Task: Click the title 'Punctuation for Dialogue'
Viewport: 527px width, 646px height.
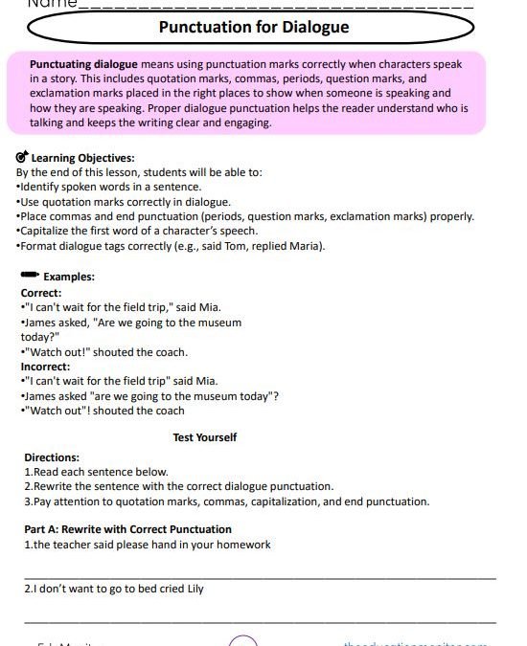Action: tap(253, 27)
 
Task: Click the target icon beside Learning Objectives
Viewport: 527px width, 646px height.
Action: tap(22, 158)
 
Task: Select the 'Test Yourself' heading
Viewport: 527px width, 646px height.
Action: tap(205, 437)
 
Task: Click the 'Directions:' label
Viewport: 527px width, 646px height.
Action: tap(52, 457)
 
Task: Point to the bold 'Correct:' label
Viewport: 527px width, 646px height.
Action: tap(41, 293)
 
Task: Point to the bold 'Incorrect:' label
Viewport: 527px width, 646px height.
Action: tap(45, 367)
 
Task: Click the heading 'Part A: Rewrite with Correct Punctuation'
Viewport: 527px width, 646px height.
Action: tap(127, 529)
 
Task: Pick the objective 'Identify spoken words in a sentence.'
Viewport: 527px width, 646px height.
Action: tap(109, 187)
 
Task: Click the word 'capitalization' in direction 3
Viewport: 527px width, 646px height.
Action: tap(315, 501)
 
